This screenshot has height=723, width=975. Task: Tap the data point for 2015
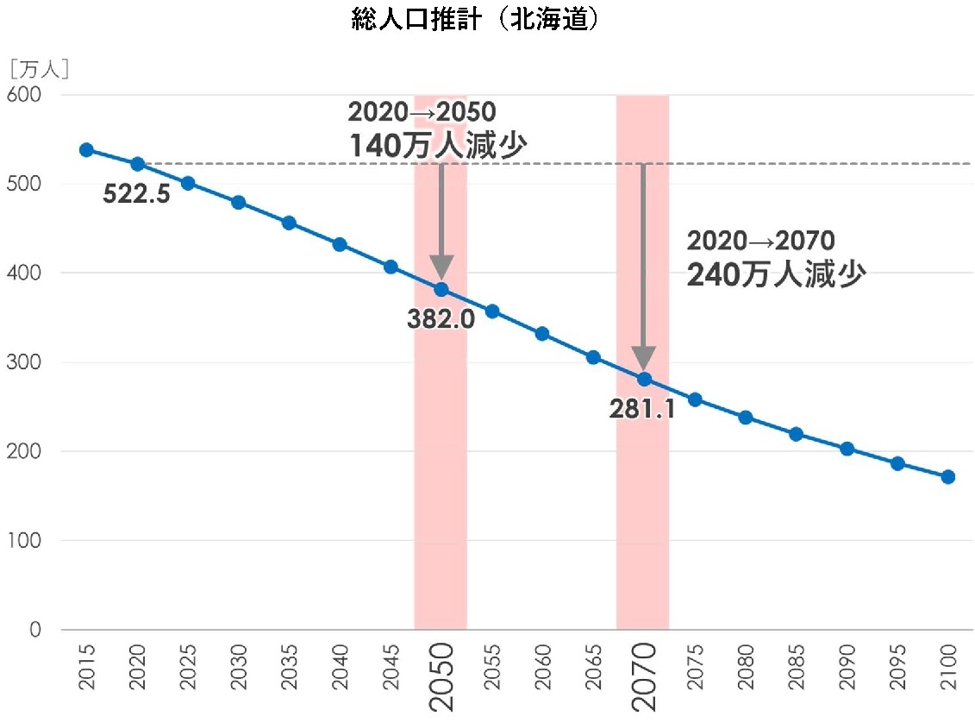[86, 150]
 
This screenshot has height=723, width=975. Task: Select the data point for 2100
[947, 477]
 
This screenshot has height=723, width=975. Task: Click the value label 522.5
[136, 193]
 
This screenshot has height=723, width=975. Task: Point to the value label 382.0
[441, 319]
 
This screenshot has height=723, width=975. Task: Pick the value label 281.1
[641, 409]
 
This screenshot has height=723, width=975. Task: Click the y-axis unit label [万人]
[39, 69]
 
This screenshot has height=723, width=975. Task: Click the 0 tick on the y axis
[35, 630]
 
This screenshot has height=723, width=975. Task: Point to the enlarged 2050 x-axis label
[441, 676]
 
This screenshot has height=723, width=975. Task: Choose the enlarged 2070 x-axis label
[644, 676]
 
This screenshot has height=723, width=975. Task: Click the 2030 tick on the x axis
[239, 667]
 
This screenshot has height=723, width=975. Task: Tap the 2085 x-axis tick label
[797, 667]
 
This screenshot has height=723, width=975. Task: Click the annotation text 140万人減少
[437, 146]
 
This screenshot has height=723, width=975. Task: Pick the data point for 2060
[542, 334]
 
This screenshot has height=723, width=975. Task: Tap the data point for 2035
[289, 223]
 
